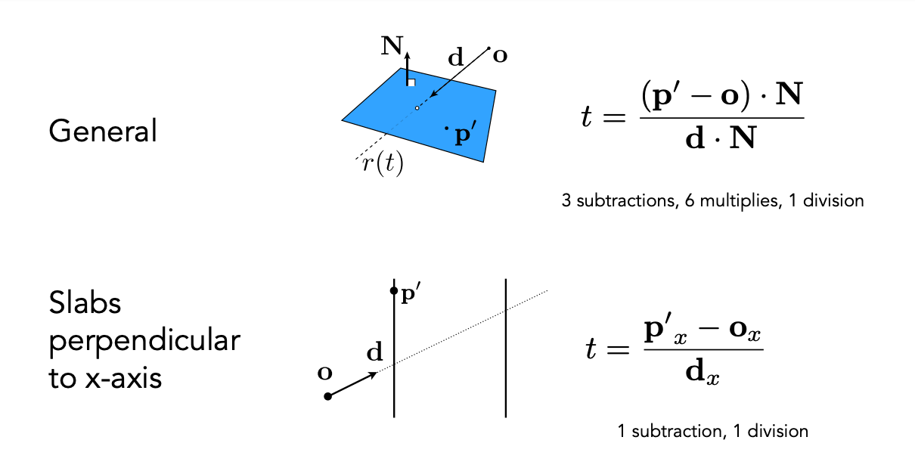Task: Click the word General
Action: [103, 131]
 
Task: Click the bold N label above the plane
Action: [392, 45]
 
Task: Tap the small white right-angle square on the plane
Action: [411, 82]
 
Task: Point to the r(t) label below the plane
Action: [383, 163]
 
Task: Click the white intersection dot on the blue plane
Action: [417, 108]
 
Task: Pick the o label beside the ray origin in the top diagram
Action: [500, 55]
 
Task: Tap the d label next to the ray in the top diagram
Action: [456, 57]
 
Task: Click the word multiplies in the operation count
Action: [739, 201]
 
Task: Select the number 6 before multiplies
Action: [690, 200]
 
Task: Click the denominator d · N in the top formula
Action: [721, 138]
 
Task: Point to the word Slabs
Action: [85, 303]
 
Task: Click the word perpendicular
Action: [144, 341]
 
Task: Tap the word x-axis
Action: [123, 379]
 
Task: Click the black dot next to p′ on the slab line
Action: [394, 290]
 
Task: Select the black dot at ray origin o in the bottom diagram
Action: [327, 396]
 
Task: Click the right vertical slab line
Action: [506, 349]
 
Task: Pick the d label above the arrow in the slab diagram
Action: [374, 352]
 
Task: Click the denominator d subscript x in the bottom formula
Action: [703, 373]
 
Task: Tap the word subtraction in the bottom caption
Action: [679, 431]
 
